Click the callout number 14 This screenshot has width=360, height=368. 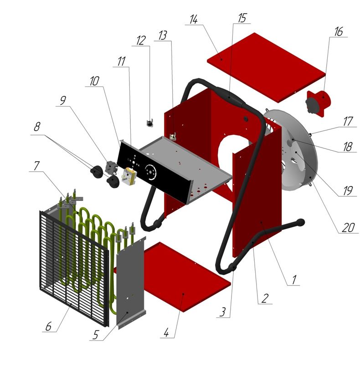pyautogui.click(x=194, y=19)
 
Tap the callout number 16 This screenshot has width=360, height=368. pyautogui.click(x=339, y=32)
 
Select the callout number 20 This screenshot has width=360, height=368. pyautogui.click(x=348, y=227)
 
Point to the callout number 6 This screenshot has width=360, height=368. pyautogui.click(x=48, y=326)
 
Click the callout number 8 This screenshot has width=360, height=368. pyautogui.click(x=37, y=127)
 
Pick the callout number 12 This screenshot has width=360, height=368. pyautogui.click(x=141, y=41)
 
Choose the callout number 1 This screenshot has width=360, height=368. pyautogui.click(x=294, y=280)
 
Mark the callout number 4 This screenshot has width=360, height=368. pyautogui.click(x=166, y=332)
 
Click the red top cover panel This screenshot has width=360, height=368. pyautogui.click(x=266, y=67)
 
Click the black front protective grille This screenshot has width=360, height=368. pyautogui.click(x=74, y=269)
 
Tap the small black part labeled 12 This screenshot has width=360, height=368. pyautogui.click(x=150, y=123)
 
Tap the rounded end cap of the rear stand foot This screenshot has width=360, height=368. pyautogui.click(x=301, y=222)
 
